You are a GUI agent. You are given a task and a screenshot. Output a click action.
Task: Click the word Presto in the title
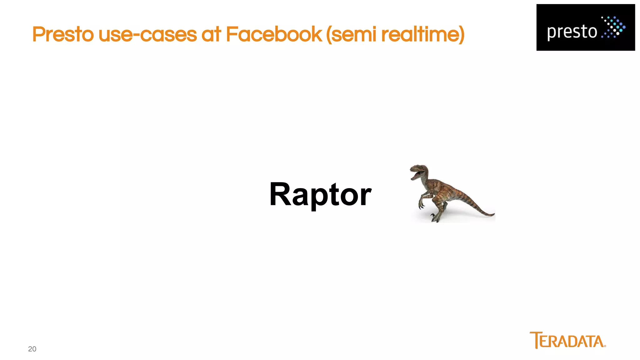pos(63,34)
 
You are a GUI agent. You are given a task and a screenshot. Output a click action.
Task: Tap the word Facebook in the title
pos(273,34)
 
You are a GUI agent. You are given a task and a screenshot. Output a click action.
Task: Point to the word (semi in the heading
pos(351,34)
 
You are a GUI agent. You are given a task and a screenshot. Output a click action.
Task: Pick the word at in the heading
pos(211,34)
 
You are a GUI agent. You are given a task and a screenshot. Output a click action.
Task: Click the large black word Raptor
pos(320,194)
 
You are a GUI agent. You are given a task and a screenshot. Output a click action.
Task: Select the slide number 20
pos(32,349)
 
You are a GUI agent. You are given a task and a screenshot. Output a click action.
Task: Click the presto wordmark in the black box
pos(572,32)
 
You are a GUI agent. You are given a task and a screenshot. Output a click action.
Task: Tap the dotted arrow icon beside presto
pos(613,27)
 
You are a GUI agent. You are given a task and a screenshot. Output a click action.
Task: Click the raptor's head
pos(419,170)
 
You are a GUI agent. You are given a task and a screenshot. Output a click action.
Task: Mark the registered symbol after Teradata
pos(605,346)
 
